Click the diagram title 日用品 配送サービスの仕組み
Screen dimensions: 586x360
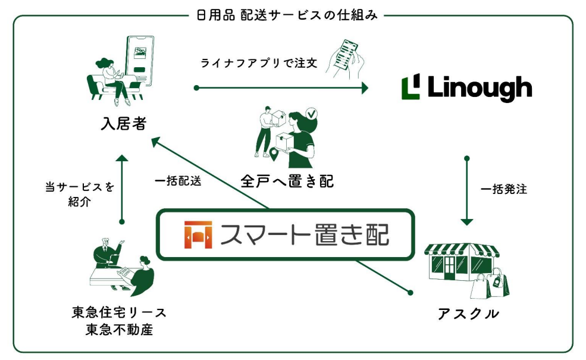(x=287, y=15)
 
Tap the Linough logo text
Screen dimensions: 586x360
(x=480, y=88)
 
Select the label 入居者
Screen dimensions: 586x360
(x=123, y=123)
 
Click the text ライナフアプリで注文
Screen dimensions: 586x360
(x=259, y=63)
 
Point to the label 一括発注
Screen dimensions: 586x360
(x=504, y=189)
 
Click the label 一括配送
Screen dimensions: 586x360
(x=178, y=181)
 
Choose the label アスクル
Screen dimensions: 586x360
(x=468, y=314)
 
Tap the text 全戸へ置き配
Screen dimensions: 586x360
(x=287, y=181)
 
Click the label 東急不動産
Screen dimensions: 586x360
(x=119, y=329)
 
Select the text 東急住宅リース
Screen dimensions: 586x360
(x=119, y=312)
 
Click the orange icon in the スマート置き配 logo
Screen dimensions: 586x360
(x=198, y=235)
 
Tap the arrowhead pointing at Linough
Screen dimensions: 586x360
(x=365, y=88)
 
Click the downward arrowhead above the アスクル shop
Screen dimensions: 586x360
(x=467, y=222)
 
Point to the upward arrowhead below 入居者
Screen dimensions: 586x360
(x=122, y=158)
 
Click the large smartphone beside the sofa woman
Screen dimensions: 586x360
(x=140, y=61)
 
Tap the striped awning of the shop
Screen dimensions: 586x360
(x=462, y=250)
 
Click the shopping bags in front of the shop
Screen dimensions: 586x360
(x=490, y=284)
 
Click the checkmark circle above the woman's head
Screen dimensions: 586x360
(x=311, y=113)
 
